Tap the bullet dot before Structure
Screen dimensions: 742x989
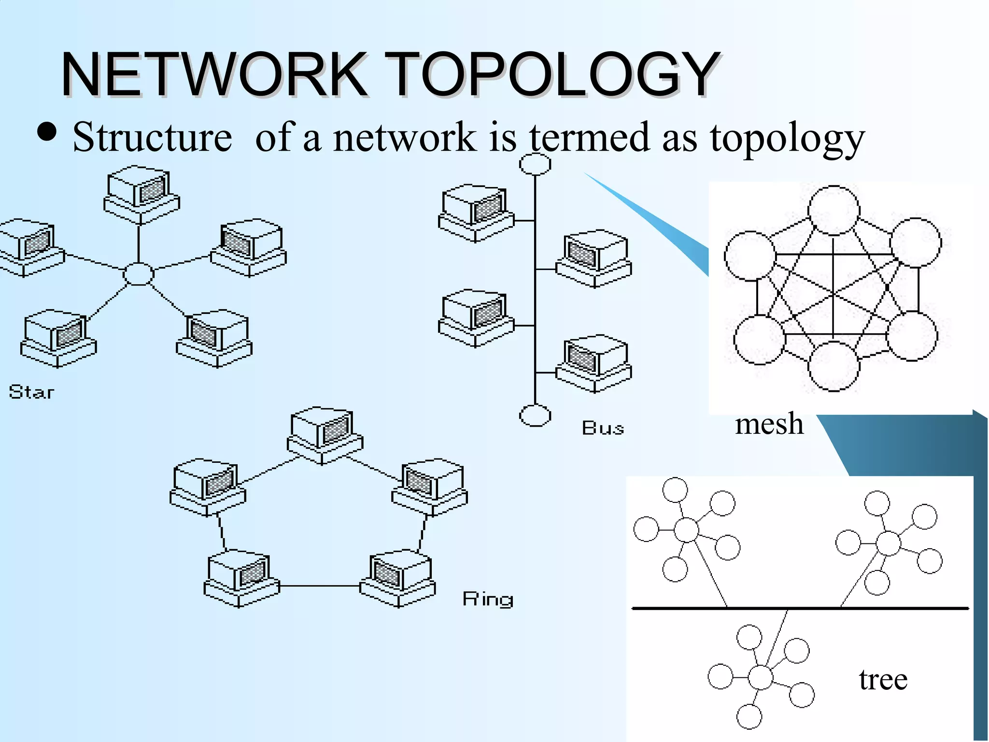tap(47, 132)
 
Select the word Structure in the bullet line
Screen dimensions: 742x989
tap(152, 138)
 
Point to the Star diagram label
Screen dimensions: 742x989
tap(31, 392)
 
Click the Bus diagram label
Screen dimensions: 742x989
tap(603, 428)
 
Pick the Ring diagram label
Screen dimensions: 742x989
tap(488, 599)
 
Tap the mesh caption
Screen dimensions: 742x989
tap(769, 424)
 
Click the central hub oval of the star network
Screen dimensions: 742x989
tap(139, 274)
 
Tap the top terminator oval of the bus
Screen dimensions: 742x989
tap(535, 164)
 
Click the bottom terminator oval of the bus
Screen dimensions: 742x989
tap(535, 415)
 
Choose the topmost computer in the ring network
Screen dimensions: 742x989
tap(325, 435)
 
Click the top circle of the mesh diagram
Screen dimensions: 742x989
tap(834, 211)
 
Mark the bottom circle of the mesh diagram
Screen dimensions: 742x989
tap(834, 366)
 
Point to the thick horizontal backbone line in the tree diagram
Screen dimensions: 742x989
tap(800, 608)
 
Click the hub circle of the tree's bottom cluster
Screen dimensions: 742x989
tap(761, 677)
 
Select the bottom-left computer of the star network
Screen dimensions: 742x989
tap(58, 338)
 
